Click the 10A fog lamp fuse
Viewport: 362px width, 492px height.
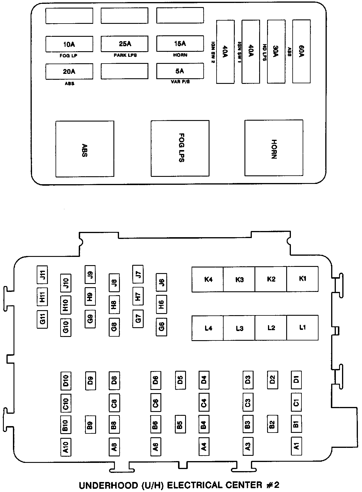(x=69, y=44)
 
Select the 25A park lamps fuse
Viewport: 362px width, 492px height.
(x=125, y=44)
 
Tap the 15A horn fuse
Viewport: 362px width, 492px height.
(x=180, y=44)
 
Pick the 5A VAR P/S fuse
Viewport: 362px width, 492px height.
(x=180, y=71)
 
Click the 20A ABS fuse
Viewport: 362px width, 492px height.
(x=69, y=72)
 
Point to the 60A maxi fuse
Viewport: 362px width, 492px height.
(x=301, y=51)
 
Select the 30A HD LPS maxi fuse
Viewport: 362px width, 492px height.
(x=276, y=51)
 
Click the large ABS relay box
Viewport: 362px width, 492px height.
(x=85, y=149)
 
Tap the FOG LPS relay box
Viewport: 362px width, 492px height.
(x=180, y=148)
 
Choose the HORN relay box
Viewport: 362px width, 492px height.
(x=274, y=148)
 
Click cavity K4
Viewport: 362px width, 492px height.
(x=208, y=279)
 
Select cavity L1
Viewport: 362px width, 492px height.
(x=302, y=328)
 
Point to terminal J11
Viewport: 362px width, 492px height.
(x=42, y=275)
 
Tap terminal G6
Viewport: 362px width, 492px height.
(x=161, y=327)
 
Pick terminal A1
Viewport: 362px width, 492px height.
(x=296, y=446)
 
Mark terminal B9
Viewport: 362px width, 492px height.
(x=90, y=425)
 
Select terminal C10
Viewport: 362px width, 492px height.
(x=66, y=403)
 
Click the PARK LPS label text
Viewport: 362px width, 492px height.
(x=125, y=55)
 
